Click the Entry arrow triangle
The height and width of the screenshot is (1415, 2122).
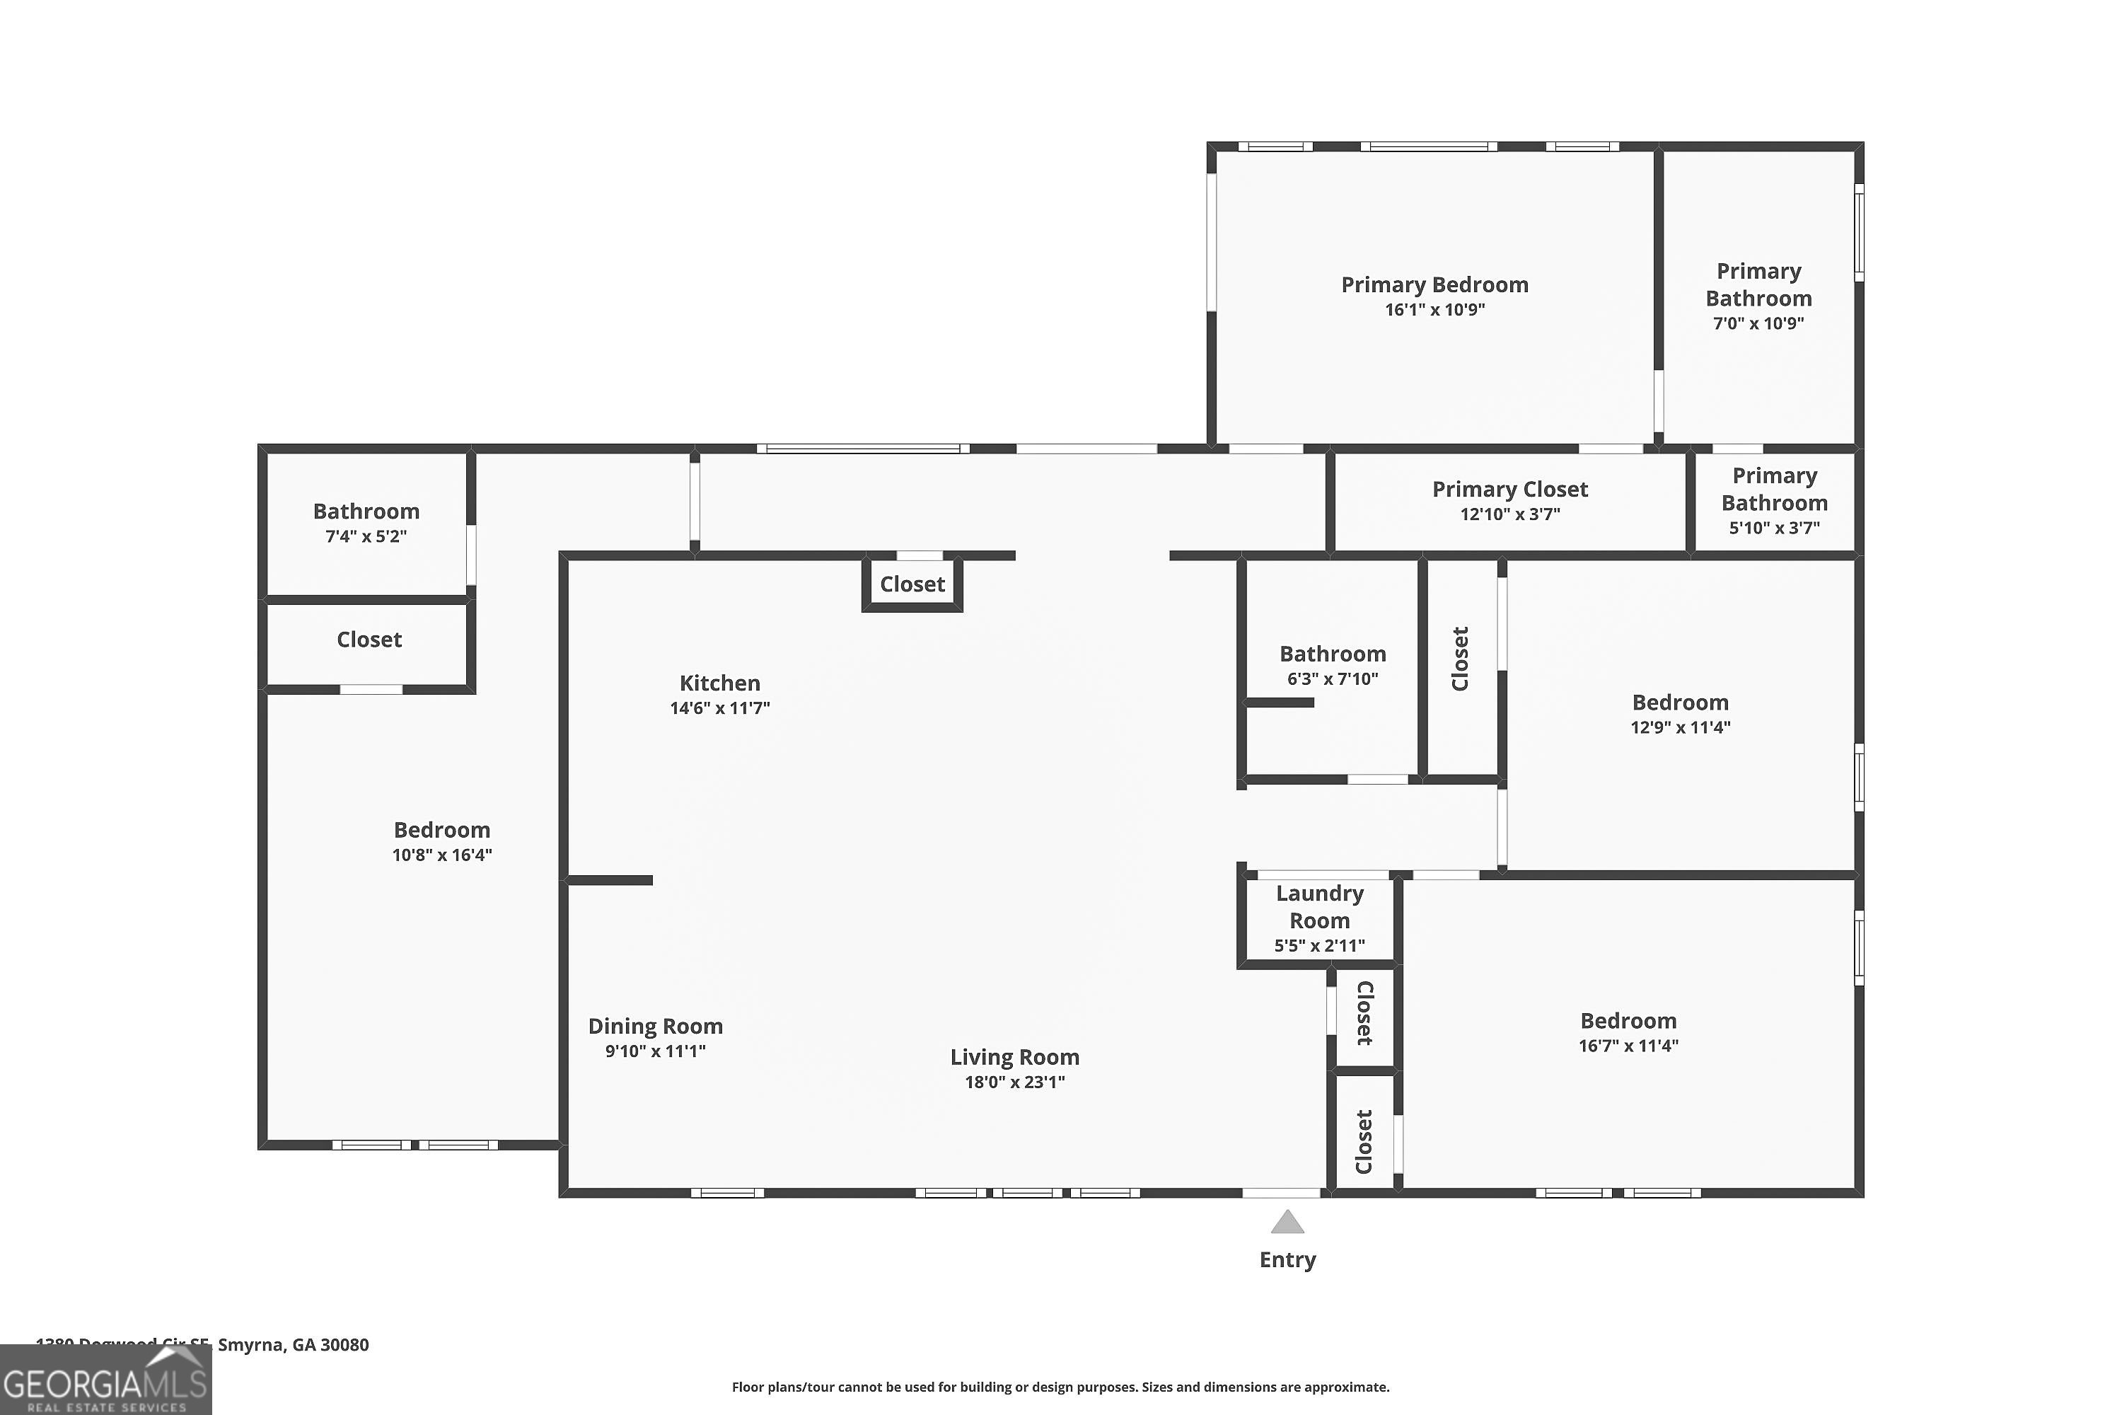pos(1287,1223)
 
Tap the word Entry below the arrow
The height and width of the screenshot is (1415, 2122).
pos(1287,1260)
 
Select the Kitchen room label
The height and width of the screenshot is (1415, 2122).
pos(719,683)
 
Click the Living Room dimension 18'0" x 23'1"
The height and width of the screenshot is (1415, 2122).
pos(1014,1082)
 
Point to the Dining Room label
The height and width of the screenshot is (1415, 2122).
pos(655,1026)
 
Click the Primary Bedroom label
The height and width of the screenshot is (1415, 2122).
pos(1434,285)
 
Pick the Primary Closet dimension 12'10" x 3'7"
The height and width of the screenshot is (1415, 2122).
pos(1509,514)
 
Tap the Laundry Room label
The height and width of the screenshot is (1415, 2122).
pos(1319,907)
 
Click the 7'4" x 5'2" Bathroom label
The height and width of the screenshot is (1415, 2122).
pos(366,512)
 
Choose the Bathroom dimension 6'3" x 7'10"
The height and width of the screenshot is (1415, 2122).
pos(1333,679)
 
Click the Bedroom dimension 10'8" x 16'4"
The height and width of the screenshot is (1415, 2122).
pos(442,855)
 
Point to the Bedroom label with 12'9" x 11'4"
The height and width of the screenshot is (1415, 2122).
pos(1680,703)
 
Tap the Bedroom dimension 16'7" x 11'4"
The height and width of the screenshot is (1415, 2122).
pos(1628,1046)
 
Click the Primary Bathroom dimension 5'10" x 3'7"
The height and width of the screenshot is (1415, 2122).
pos(1774,528)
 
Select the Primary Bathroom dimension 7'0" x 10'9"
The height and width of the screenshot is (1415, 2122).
pos(1758,323)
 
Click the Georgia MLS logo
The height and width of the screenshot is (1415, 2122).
pos(105,1382)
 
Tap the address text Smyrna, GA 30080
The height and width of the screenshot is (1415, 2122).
pos(294,1345)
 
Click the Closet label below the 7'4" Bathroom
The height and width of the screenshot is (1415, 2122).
pos(369,640)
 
